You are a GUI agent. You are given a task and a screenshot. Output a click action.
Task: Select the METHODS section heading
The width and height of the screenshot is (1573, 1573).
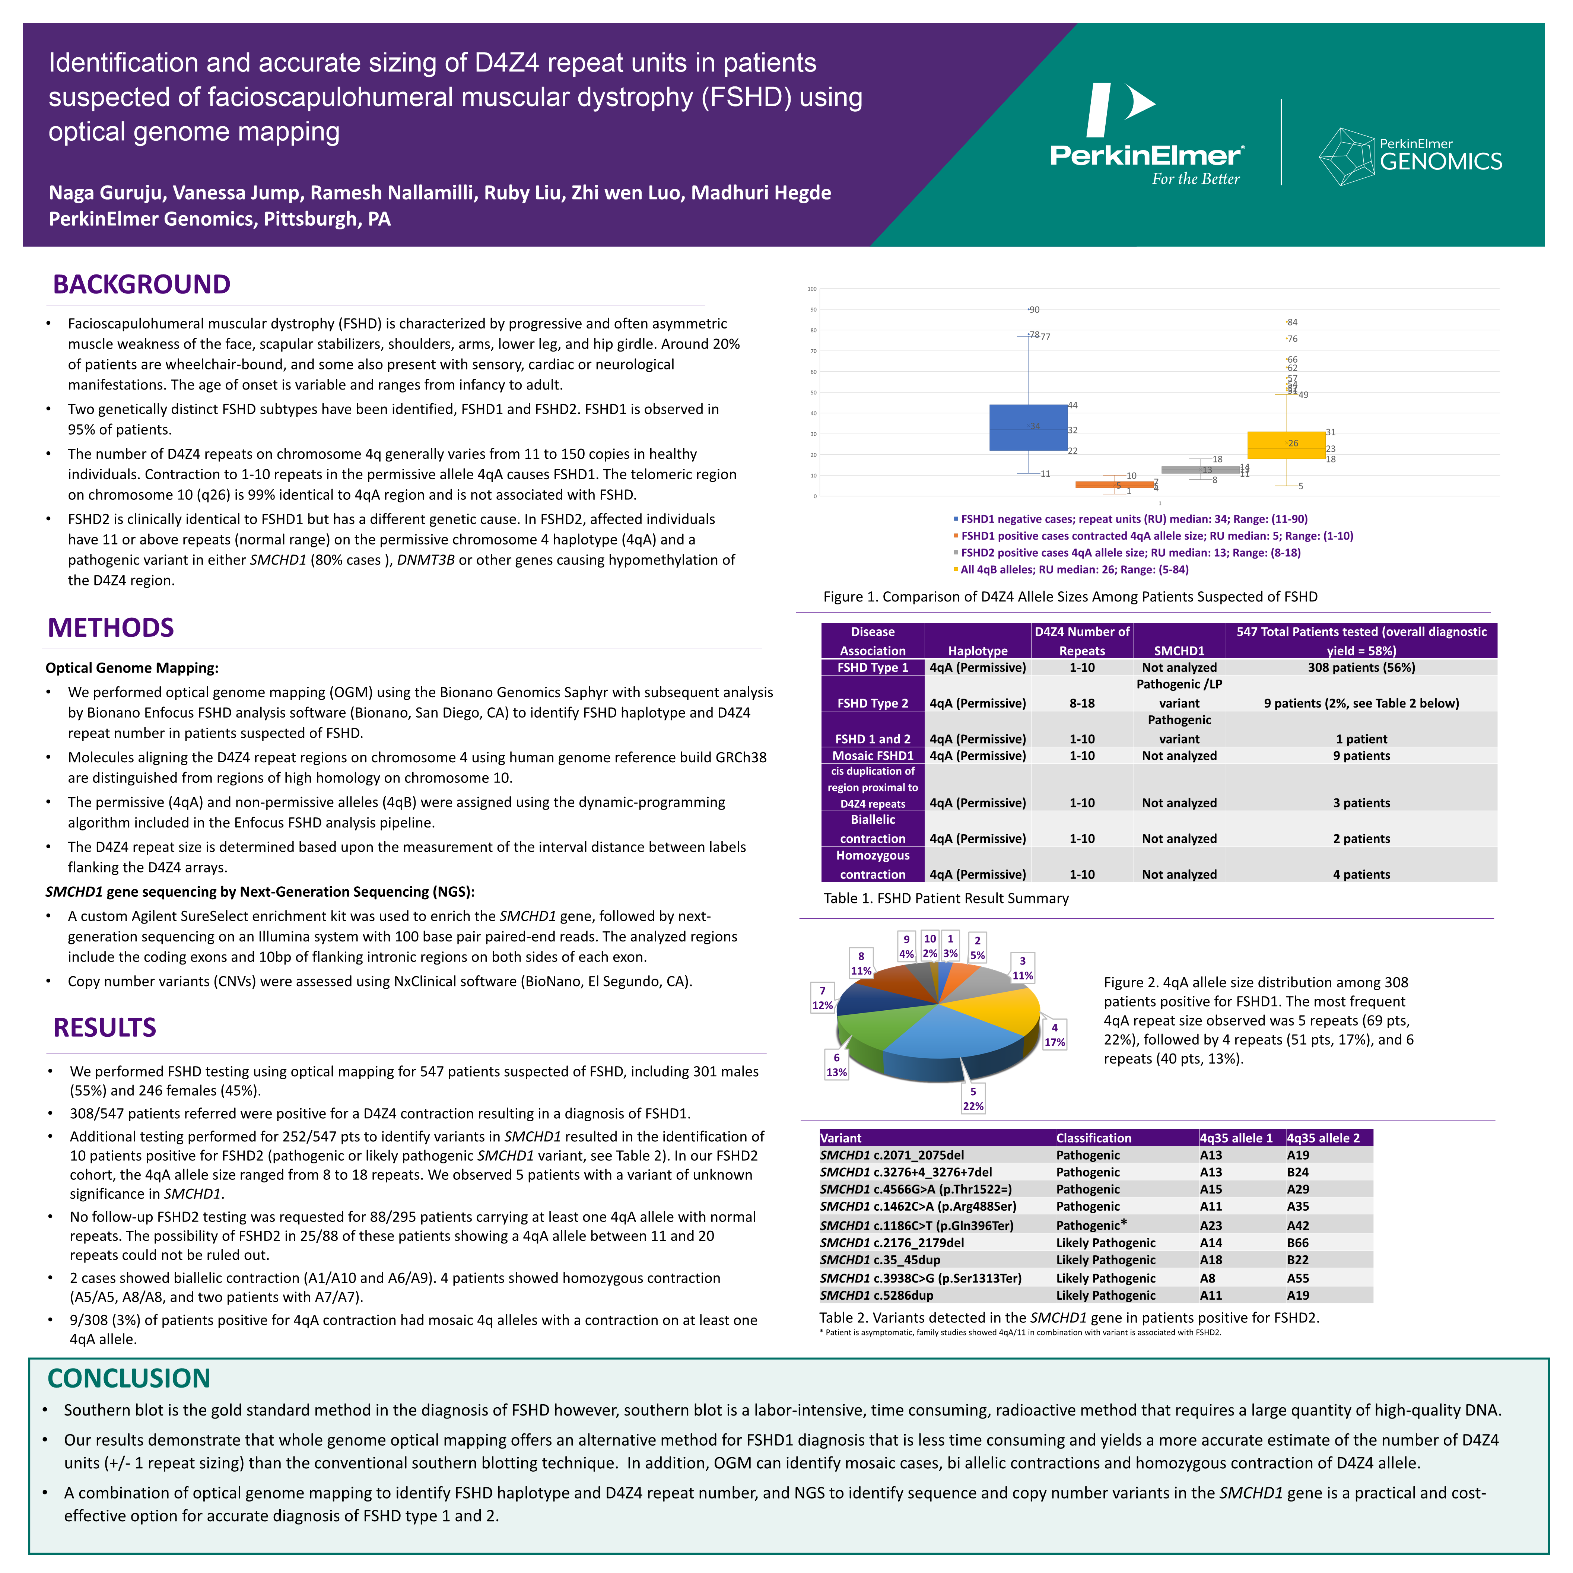[111, 628]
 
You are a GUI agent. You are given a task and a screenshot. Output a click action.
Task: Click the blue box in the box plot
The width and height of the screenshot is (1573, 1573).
[1027, 428]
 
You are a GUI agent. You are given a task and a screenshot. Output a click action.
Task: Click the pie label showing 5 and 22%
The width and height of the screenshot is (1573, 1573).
[973, 1098]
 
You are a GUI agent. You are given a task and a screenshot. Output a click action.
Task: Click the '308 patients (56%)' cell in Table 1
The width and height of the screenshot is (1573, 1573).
[1361, 668]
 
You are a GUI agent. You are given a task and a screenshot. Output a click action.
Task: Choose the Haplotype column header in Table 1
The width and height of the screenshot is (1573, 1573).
[978, 651]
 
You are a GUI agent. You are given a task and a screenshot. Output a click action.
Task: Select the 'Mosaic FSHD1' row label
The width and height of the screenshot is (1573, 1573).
[873, 756]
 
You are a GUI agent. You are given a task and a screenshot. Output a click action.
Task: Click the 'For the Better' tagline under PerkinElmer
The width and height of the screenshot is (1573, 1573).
[1195, 179]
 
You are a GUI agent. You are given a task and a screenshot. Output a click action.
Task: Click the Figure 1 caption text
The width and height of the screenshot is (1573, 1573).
[1070, 597]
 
